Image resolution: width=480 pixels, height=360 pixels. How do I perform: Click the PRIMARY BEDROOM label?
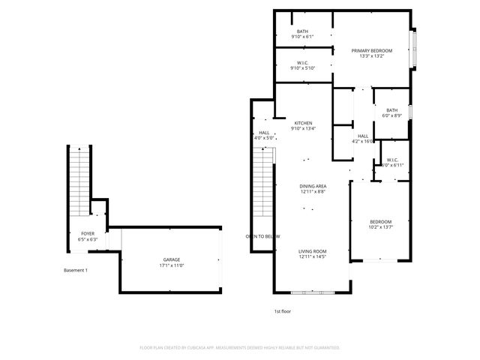tap(372, 50)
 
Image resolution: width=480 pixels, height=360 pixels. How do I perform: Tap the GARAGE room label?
tap(172, 259)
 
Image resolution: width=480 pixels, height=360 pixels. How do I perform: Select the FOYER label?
tap(88, 234)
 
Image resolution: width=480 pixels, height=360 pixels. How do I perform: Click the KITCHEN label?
tap(303, 123)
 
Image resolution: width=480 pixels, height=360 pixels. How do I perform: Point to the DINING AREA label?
tap(313, 186)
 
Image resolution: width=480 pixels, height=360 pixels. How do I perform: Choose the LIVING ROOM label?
tap(313, 251)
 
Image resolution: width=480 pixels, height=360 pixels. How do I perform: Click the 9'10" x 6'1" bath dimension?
tap(302, 36)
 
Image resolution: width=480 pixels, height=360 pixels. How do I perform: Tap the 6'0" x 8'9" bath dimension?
tap(392, 115)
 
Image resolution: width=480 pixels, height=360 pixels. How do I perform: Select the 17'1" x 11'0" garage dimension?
tap(172, 265)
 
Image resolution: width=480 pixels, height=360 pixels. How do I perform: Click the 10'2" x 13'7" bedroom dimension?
tap(380, 227)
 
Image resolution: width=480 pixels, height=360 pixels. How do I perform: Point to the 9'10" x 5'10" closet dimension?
tap(303, 68)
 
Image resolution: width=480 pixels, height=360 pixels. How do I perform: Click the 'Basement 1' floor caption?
tap(76, 270)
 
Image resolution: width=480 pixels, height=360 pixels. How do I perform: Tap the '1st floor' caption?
tap(282, 310)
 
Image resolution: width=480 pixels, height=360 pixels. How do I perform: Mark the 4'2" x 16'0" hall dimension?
tap(363, 141)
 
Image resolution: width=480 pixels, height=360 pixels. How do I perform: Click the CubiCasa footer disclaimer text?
tap(240, 347)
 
